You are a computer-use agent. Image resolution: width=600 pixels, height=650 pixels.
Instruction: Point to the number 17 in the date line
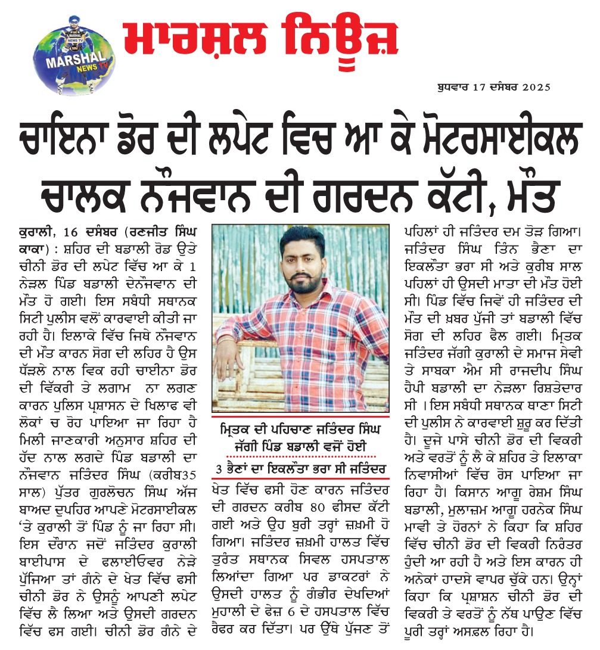point(478,87)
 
